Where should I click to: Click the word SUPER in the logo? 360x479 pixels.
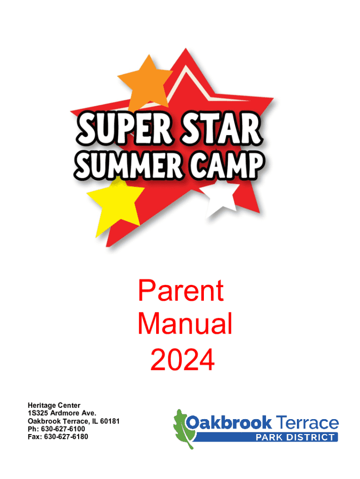pos(124,128)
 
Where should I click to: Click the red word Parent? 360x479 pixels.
pos(181,290)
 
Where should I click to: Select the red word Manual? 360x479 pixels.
pos(185,324)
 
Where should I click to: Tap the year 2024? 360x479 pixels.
pos(182,360)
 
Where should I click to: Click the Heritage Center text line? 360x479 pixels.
pos(54,406)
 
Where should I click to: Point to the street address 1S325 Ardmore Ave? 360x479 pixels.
pos(62,413)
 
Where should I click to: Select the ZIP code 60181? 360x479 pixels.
pos(110,421)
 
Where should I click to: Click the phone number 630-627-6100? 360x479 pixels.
pos(63,429)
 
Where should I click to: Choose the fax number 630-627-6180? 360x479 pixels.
pos(66,437)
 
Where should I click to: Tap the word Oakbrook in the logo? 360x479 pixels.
pos(229,423)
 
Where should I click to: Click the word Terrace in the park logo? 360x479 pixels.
pos(307,423)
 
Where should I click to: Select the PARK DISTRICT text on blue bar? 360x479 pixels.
pos(295,437)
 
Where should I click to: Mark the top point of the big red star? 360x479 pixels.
pos(185,48)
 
